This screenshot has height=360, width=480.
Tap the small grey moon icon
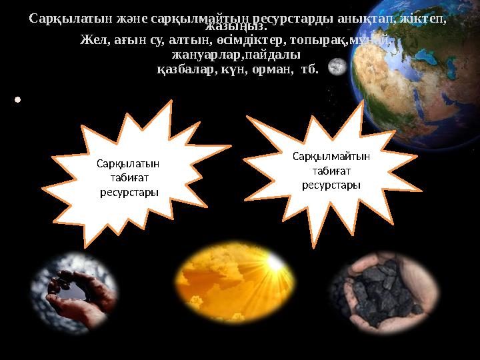point(337,67)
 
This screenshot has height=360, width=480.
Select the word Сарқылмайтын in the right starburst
point(331,156)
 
